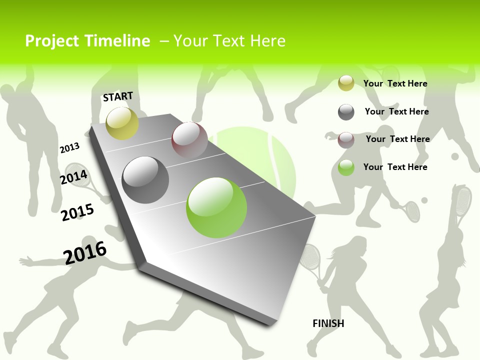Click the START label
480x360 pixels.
click(x=118, y=96)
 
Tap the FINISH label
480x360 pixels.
click(x=328, y=323)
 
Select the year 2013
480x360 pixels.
click(x=69, y=148)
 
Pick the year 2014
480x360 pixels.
click(x=74, y=177)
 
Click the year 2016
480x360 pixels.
click(x=85, y=252)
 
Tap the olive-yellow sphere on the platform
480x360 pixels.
click(x=122, y=123)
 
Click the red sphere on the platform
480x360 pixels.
click(x=189, y=140)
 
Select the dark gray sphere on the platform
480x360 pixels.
click(x=145, y=180)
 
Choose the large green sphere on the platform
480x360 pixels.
click(x=216, y=207)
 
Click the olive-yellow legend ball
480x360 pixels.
click(x=346, y=83)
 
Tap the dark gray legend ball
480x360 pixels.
click(x=346, y=112)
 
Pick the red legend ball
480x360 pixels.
click(x=346, y=140)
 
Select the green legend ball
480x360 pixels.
click(x=346, y=167)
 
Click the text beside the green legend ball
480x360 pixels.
click(x=395, y=167)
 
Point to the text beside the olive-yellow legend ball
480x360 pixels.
click(x=395, y=83)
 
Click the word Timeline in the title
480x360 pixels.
click(x=118, y=41)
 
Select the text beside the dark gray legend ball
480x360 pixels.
click(x=396, y=111)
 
